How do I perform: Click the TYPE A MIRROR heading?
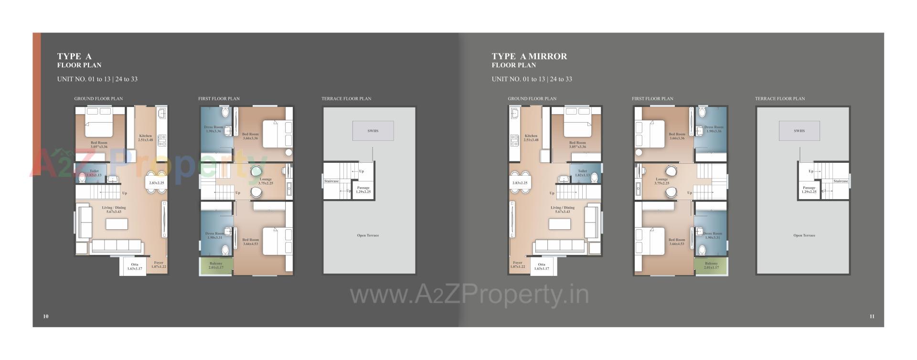tap(529, 56)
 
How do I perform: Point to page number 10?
tap(46, 316)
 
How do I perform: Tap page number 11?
tap(872, 316)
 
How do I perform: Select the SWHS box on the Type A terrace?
tap(373, 131)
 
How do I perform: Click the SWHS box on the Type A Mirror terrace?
tap(799, 131)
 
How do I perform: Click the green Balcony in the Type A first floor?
tap(216, 266)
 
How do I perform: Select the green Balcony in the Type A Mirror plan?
tap(711, 266)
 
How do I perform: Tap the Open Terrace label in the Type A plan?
tap(368, 235)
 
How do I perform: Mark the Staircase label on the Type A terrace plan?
tap(331, 181)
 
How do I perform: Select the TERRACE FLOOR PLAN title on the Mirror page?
tap(780, 99)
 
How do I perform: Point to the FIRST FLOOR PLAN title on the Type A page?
tap(219, 99)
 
